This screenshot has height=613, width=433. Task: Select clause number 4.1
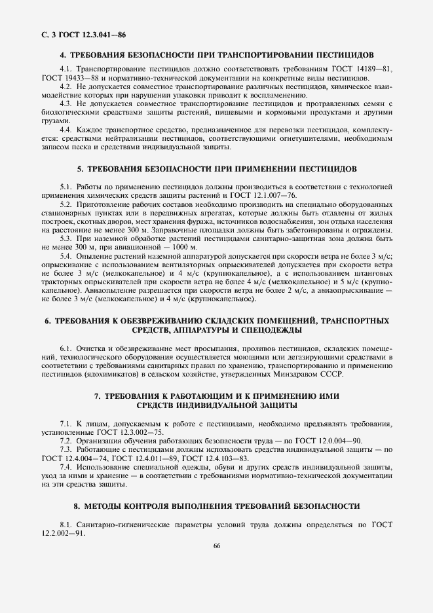(x=66, y=69)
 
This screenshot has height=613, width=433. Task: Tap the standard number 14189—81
(x=366, y=69)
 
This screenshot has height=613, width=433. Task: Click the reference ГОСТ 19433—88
(x=72, y=78)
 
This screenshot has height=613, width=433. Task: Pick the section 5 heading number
(x=80, y=169)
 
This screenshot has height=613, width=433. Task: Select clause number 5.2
(x=66, y=204)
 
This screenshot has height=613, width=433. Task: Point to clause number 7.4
(x=66, y=467)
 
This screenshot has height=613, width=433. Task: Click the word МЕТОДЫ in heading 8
(x=111, y=506)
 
